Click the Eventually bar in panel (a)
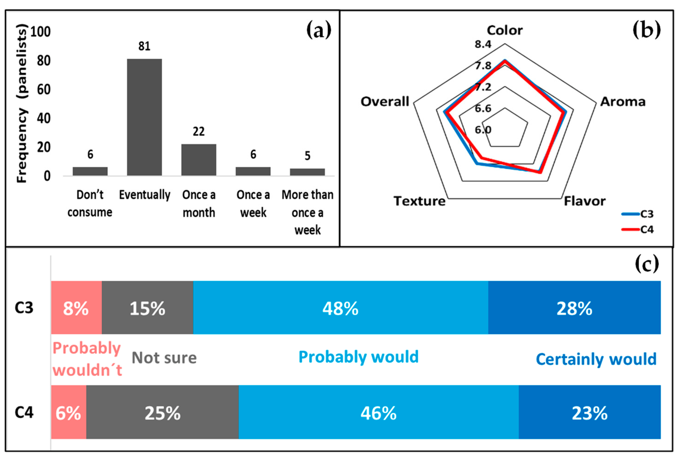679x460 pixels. click(x=144, y=117)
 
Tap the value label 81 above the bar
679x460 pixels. click(x=144, y=46)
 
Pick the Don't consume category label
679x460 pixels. click(x=90, y=204)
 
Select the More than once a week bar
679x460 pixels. click(x=307, y=172)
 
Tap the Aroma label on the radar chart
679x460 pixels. click(x=623, y=102)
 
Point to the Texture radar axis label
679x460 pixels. click(x=420, y=201)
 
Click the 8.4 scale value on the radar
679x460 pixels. click(x=483, y=44)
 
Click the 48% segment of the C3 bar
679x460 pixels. click(x=340, y=308)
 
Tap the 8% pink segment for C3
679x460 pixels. click(x=76, y=308)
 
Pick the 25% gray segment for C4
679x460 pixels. click(x=162, y=413)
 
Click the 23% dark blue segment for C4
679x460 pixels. click(x=589, y=413)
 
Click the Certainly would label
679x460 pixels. click(x=596, y=359)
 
